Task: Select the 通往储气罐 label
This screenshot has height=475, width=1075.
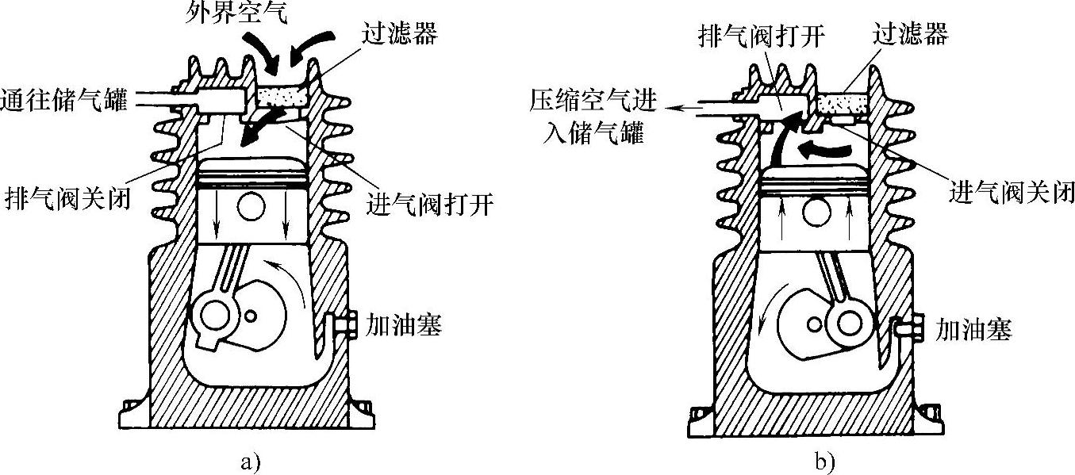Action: click(x=64, y=101)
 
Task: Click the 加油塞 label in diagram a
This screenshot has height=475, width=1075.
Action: click(x=403, y=325)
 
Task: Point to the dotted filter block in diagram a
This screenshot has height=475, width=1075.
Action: click(x=284, y=98)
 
